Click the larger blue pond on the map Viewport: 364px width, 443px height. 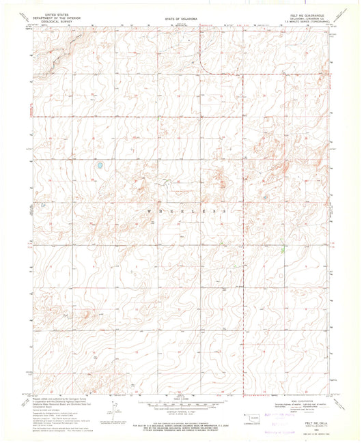pos(100,165)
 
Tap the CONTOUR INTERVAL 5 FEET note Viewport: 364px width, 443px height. pos(180,412)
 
